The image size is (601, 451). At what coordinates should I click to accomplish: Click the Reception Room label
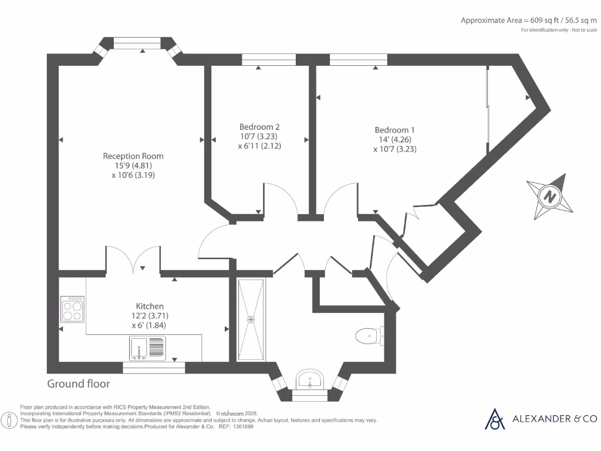pos(133,156)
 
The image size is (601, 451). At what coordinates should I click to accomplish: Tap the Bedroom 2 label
pos(259,127)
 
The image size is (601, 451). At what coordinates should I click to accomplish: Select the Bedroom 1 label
pos(395,130)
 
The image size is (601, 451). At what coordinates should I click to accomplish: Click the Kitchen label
pos(150,306)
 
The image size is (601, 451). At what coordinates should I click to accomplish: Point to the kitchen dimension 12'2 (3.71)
pos(150,315)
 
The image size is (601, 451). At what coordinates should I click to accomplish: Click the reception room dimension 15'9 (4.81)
pos(133,166)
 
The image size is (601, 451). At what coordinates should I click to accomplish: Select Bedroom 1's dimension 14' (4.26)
pos(395,140)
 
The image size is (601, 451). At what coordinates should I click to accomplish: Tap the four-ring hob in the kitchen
pos(72,309)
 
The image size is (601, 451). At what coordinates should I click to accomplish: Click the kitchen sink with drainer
pos(147,348)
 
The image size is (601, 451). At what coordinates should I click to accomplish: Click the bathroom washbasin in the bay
pos(310,379)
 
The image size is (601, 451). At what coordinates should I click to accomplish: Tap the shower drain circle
pos(251,319)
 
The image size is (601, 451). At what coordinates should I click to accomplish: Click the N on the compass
pos(550,196)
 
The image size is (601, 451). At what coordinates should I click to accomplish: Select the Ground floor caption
pos(79,384)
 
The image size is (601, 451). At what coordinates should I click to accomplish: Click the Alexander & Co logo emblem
pos(495,419)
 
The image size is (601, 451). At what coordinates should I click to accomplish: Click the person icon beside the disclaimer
pos(9,420)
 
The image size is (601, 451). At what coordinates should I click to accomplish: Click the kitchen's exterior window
pos(154,368)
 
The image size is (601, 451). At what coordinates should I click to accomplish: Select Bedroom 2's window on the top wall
pos(269,59)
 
